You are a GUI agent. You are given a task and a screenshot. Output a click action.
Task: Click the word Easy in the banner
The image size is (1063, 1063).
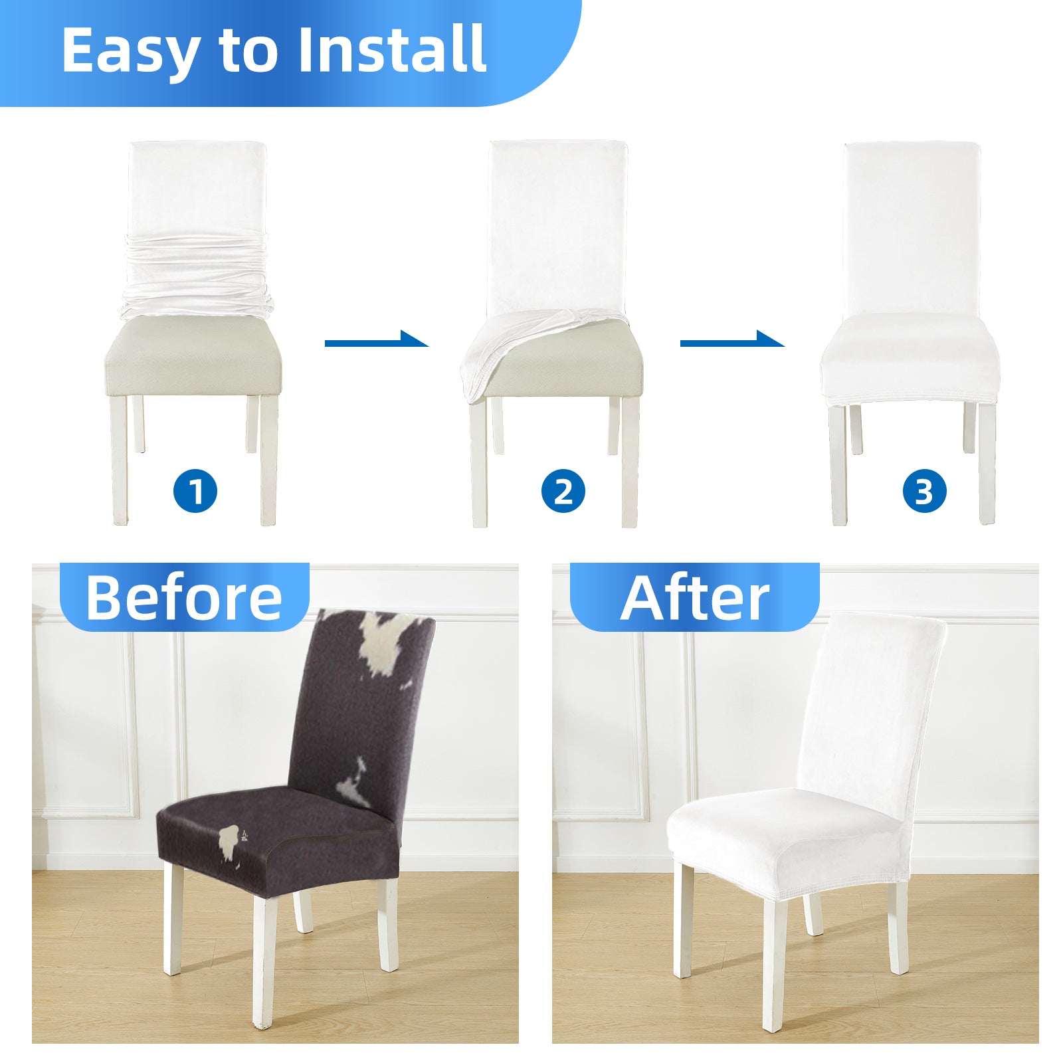pos(130,51)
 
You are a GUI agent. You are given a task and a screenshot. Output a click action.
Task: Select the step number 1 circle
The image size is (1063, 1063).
pos(195,492)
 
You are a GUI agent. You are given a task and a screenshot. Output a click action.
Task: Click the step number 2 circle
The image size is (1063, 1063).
pos(563,492)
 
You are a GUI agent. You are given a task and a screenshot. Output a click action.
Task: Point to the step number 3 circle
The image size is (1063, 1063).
pos(924,492)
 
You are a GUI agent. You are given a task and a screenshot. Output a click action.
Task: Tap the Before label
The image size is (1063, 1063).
pos(184,598)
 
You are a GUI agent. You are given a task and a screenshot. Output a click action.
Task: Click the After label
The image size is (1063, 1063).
pos(695,598)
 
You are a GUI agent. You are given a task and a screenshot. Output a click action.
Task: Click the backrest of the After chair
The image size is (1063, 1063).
pos(870,704)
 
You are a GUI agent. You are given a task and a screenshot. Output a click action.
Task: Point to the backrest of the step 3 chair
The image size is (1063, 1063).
pos(912,229)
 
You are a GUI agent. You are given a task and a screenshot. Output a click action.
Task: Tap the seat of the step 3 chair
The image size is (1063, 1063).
pos(910,359)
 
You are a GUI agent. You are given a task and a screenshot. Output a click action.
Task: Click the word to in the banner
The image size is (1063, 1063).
pos(248,51)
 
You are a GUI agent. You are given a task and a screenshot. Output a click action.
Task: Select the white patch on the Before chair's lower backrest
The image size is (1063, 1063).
pos(352,784)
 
